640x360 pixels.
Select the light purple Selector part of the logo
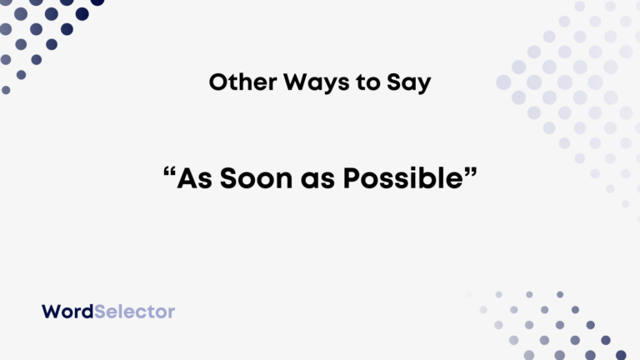point(135,312)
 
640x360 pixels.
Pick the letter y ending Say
point(422,85)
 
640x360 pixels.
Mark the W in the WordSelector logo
point(52,312)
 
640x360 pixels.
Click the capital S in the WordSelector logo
point(102,312)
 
